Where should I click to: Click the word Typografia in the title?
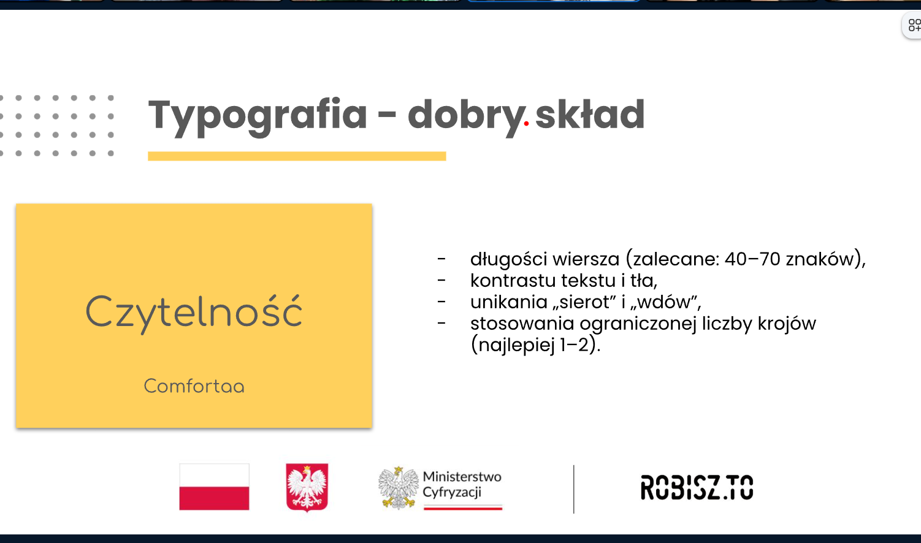258,117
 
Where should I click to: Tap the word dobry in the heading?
466,117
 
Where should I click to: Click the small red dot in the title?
526,123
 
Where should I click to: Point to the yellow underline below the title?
297,156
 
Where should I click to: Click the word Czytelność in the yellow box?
194,313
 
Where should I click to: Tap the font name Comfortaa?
194,386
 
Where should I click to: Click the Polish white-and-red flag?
214,487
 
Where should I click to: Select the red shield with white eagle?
307,487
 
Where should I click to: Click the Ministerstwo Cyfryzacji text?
462,484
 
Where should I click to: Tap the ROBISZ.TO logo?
697,487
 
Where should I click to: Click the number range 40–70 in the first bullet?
752,259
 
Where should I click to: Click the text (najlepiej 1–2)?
535,345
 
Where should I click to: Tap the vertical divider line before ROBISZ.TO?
573,489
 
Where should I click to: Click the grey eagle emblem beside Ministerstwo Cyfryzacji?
398,488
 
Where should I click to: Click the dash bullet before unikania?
441,302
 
